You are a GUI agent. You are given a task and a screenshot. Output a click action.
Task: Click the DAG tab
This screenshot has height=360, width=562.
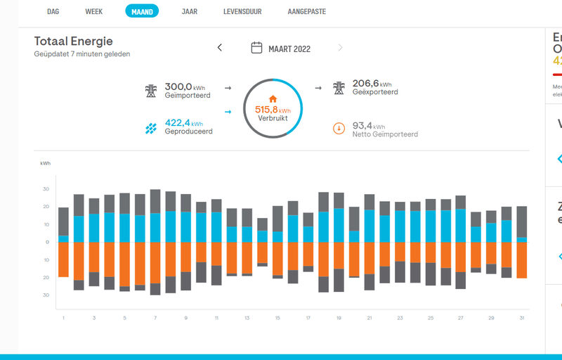click(x=53, y=11)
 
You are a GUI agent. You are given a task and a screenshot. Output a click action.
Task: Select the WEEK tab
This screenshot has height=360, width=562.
click(x=93, y=11)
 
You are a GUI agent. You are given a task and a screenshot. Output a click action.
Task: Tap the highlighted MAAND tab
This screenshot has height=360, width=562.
click(x=142, y=11)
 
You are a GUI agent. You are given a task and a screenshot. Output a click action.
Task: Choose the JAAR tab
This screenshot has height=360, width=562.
click(x=189, y=11)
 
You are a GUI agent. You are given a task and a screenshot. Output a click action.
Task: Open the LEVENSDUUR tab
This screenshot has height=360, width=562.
click(x=242, y=11)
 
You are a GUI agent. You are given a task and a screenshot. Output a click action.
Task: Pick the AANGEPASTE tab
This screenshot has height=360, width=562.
click(x=307, y=11)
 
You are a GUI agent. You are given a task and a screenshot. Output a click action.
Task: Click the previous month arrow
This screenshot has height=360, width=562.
click(x=220, y=48)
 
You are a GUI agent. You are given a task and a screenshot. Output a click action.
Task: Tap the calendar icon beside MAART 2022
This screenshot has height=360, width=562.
click(x=256, y=48)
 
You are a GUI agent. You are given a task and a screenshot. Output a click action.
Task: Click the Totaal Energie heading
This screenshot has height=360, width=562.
click(x=73, y=41)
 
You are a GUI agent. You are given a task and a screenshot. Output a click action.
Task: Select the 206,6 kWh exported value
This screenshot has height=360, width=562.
click(x=370, y=84)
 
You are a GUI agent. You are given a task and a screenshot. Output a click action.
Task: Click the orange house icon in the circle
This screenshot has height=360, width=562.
click(x=273, y=99)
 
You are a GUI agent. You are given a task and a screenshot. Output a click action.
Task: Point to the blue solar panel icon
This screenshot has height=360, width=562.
click(x=151, y=128)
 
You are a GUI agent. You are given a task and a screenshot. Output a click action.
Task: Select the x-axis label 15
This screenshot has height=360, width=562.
click(x=277, y=319)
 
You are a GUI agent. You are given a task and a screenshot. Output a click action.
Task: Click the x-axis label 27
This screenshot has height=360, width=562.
click(x=460, y=319)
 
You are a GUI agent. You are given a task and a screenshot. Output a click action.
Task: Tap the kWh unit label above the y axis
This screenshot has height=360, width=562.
click(x=46, y=163)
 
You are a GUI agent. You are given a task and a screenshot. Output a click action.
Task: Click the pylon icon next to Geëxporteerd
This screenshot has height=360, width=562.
click(x=339, y=88)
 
